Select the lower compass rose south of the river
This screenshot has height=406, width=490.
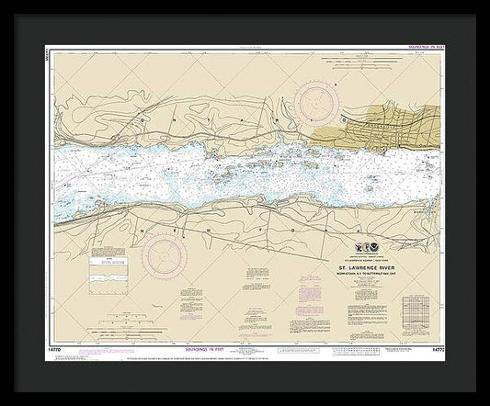tap(165, 250)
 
